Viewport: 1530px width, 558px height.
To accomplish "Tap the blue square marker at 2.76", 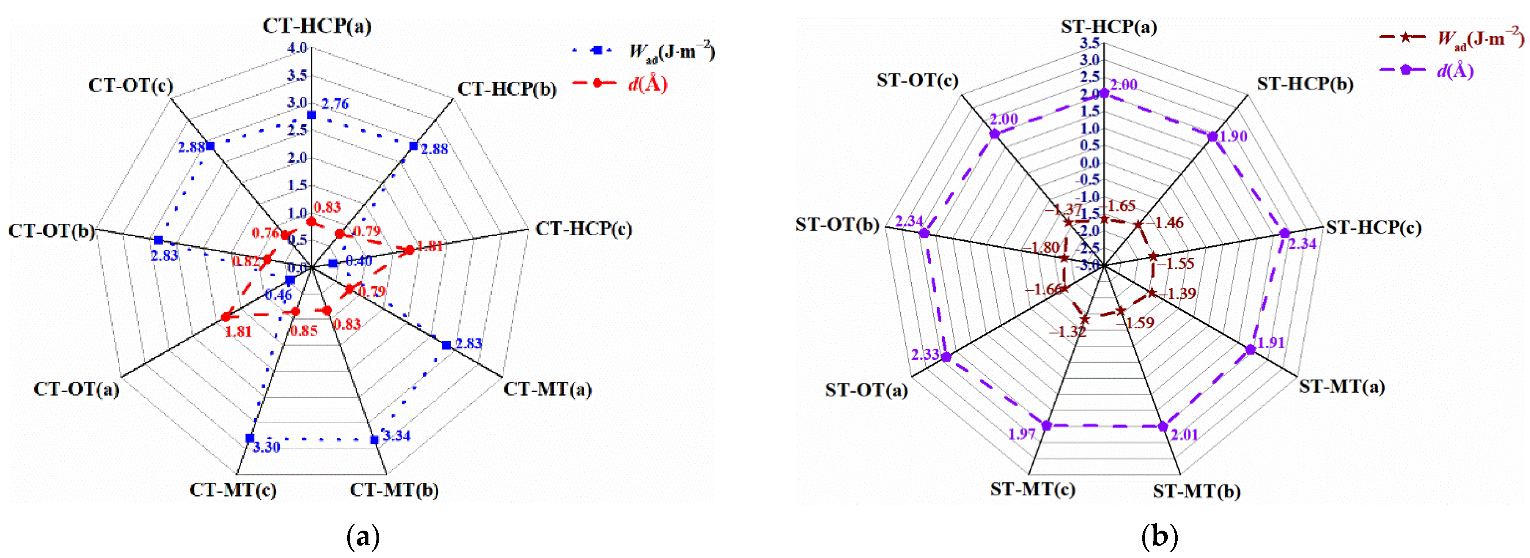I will pos(311,115).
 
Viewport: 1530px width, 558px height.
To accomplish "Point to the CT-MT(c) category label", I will pos(233,490).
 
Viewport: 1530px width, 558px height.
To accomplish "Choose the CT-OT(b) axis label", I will pos(51,231).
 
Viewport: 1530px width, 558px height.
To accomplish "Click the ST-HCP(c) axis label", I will pos(1374,228).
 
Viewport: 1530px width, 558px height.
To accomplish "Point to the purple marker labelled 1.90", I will pos(1213,137).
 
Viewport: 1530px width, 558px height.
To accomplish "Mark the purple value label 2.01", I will pos(1184,435).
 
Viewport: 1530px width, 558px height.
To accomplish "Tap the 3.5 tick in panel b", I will pos(1091,43).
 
